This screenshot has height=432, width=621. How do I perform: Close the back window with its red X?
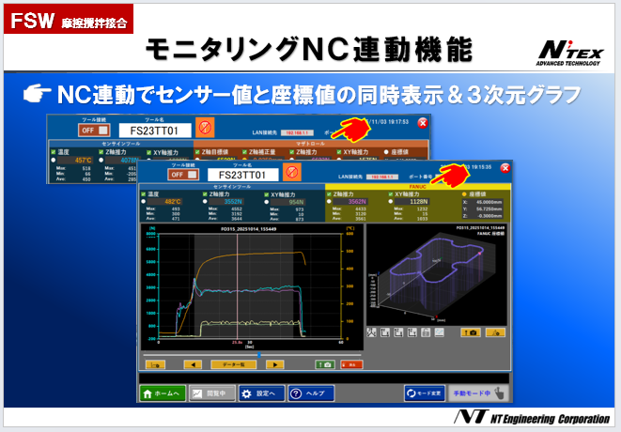click(423, 123)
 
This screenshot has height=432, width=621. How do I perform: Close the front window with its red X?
click(505, 170)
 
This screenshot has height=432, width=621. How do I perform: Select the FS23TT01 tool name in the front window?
click(242, 175)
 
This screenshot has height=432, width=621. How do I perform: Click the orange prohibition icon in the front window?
click(291, 174)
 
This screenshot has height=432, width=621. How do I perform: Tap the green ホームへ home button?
click(163, 394)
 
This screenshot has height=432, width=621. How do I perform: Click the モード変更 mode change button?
click(424, 394)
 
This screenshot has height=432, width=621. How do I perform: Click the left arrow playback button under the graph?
click(192, 363)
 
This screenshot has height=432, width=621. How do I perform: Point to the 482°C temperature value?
click(173, 201)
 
